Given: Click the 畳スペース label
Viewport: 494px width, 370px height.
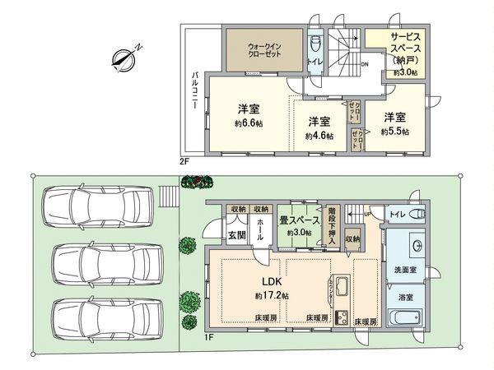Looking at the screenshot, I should (x=298, y=220).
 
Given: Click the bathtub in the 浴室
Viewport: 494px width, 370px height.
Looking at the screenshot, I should (x=404, y=320).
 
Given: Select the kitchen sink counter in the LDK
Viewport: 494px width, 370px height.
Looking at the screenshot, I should (x=343, y=289).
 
